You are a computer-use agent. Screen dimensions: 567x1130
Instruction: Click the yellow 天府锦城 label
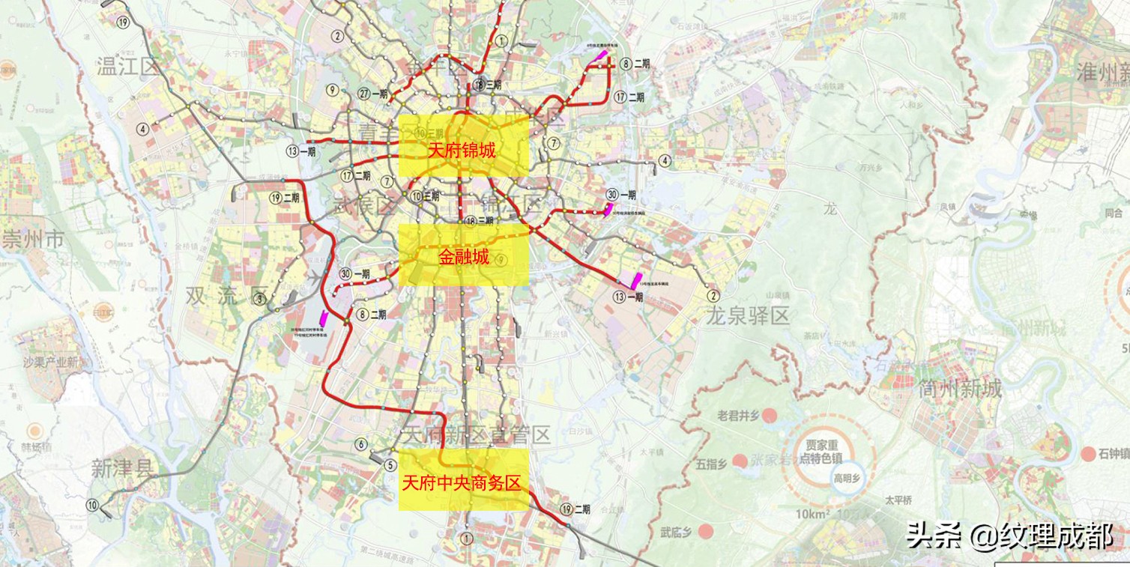click(462, 150)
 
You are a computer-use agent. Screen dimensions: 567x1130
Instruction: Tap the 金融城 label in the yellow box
click(464, 258)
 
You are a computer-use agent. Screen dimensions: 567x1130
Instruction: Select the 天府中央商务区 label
click(462, 483)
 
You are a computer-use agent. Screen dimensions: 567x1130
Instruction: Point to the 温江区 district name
click(128, 67)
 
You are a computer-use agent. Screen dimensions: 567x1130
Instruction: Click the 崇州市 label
click(33, 240)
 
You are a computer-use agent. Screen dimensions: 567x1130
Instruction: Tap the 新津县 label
click(122, 469)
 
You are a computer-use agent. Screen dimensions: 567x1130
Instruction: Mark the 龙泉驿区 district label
click(747, 316)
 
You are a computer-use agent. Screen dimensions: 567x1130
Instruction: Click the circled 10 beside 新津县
click(92, 505)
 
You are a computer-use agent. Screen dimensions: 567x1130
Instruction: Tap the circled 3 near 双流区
click(260, 299)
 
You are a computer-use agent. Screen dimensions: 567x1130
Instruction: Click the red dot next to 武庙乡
click(705, 532)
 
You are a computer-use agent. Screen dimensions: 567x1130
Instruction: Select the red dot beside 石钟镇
click(1089, 453)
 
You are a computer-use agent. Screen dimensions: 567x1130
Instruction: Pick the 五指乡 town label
click(712, 464)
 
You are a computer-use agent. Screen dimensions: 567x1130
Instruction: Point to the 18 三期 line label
click(486, 85)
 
